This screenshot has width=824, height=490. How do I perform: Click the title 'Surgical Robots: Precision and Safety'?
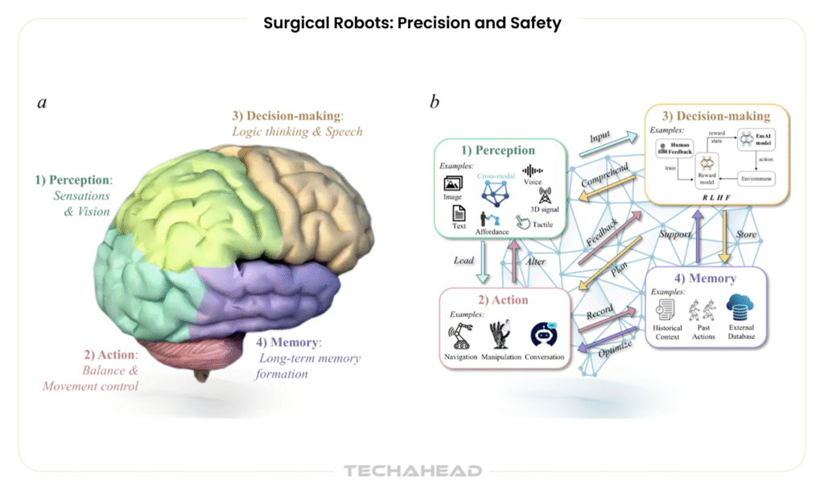(x=412, y=23)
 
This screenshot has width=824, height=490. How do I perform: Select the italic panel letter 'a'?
(x=42, y=102)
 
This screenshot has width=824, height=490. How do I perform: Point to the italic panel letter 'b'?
(x=435, y=102)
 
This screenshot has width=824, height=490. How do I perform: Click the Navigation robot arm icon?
(x=461, y=332)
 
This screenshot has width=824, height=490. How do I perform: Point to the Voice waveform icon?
(x=533, y=170)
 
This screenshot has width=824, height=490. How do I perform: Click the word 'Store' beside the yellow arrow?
(x=747, y=235)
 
